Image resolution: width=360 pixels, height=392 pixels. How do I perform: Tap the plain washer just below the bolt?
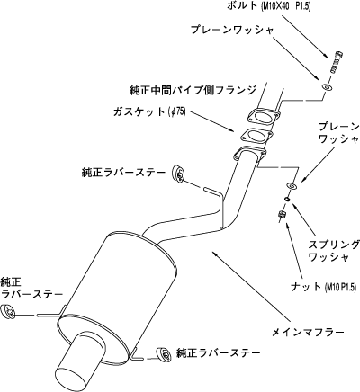click(327, 87)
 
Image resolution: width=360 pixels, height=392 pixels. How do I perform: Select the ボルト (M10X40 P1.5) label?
click(268, 6)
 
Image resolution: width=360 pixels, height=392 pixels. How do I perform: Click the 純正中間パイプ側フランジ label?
click(193, 90)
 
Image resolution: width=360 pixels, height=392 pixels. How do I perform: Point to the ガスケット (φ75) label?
click(149, 111)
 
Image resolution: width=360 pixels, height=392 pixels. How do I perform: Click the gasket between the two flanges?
click(256, 137)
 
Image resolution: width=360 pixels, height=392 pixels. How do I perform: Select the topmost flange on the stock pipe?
click(264, 115)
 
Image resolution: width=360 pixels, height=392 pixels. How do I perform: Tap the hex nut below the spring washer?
click(281, 215)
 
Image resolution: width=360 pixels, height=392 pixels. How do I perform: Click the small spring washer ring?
click(287, 199)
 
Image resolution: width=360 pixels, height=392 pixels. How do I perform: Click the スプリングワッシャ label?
click(334, 251)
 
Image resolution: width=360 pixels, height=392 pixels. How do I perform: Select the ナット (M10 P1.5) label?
click(324, 287)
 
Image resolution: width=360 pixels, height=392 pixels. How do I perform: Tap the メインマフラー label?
click(308, 332)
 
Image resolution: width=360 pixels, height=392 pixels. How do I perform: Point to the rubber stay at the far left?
click(9, 312)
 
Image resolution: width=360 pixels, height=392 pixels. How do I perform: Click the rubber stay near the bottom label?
click(163, 355)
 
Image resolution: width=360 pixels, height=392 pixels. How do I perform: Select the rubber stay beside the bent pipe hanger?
click(179, 174)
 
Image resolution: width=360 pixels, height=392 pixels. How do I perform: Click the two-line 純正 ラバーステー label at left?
click(31, 288)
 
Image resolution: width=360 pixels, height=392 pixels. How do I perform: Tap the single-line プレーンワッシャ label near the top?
click(232, 31)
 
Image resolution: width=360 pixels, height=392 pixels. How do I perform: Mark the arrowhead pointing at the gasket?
click(231, 129)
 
